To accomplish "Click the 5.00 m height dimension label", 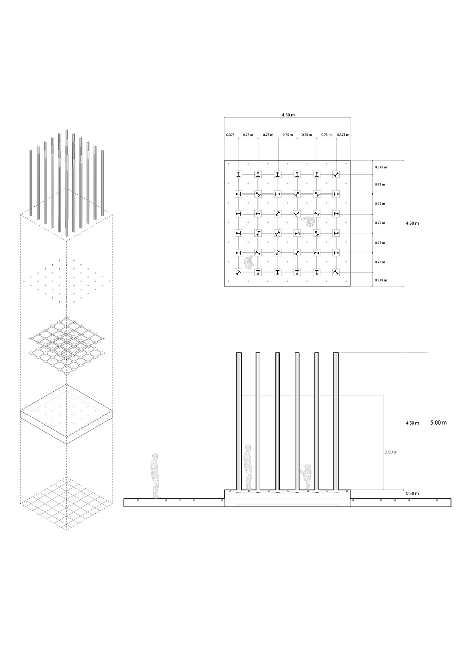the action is pyautogui.click(x=438, y=423).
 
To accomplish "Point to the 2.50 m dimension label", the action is pyautogui.click(x=391, y=452).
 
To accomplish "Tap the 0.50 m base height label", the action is pyautogui.click(x=412, y=493).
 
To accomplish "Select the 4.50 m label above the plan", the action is pyautogui.click(x=288, y=115).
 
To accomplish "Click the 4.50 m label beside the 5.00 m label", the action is pyautogui.click(x=412, y=423).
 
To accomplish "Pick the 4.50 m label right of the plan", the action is pyautogui.click(x=412, y=223).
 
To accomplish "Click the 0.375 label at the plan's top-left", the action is pyautogui.click(x=230, y=135).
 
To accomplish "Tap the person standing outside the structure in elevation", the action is pyautogui.click(x=155, y=476).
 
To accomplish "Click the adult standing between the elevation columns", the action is pyautogui.click(x=248, y=467).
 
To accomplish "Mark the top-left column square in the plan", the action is pyautogui.click(x=238, y=174).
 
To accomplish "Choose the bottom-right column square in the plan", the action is pyautogui.click(x=336, y=273).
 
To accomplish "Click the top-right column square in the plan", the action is pyautogui.click(x=336, y=174).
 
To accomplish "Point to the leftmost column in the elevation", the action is pyautogui.click(x=239, y=421).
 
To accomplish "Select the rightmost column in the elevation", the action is pyautogui.click(x=336, y=421).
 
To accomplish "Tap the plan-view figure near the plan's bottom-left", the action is pyautogui.click(x=249, y=262).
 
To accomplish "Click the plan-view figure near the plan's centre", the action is pyautogui.click(x=308, y=221).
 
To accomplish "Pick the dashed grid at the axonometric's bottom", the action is pyautogui.click(x=66, y=503).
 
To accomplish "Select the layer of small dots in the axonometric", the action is pyautogui.click(x=66, y=282).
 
